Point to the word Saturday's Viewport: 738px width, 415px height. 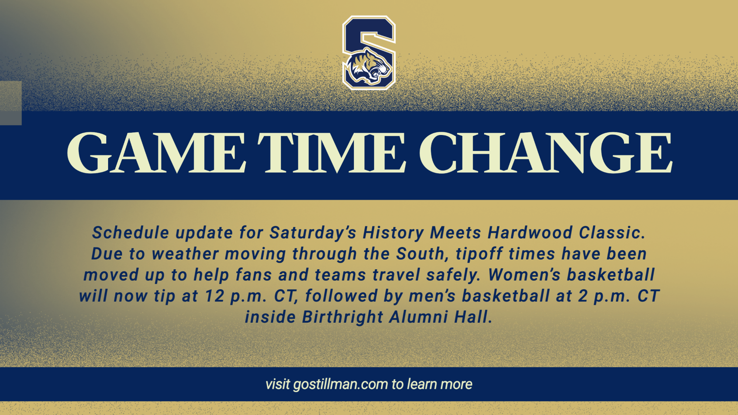pyautogui.click(x=313, y=233)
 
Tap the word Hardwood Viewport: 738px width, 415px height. pyautogui.click(x=530, y=233)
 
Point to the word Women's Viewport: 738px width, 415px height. pyautogui.click(x=524, y=275)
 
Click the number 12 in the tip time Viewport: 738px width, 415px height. pyautogui.click(x=215, y=296)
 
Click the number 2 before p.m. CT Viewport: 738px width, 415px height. pyautogui.click(x=583, y=296)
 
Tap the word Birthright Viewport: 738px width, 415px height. pyautogui.click(x=343, y=317)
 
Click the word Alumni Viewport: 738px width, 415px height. pyautogui.click(x=418, y=317)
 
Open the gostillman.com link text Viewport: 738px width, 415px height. pyautogui.click(x=340, y=384)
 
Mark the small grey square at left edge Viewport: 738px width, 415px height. pyautogui.click(x=11, y=103)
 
